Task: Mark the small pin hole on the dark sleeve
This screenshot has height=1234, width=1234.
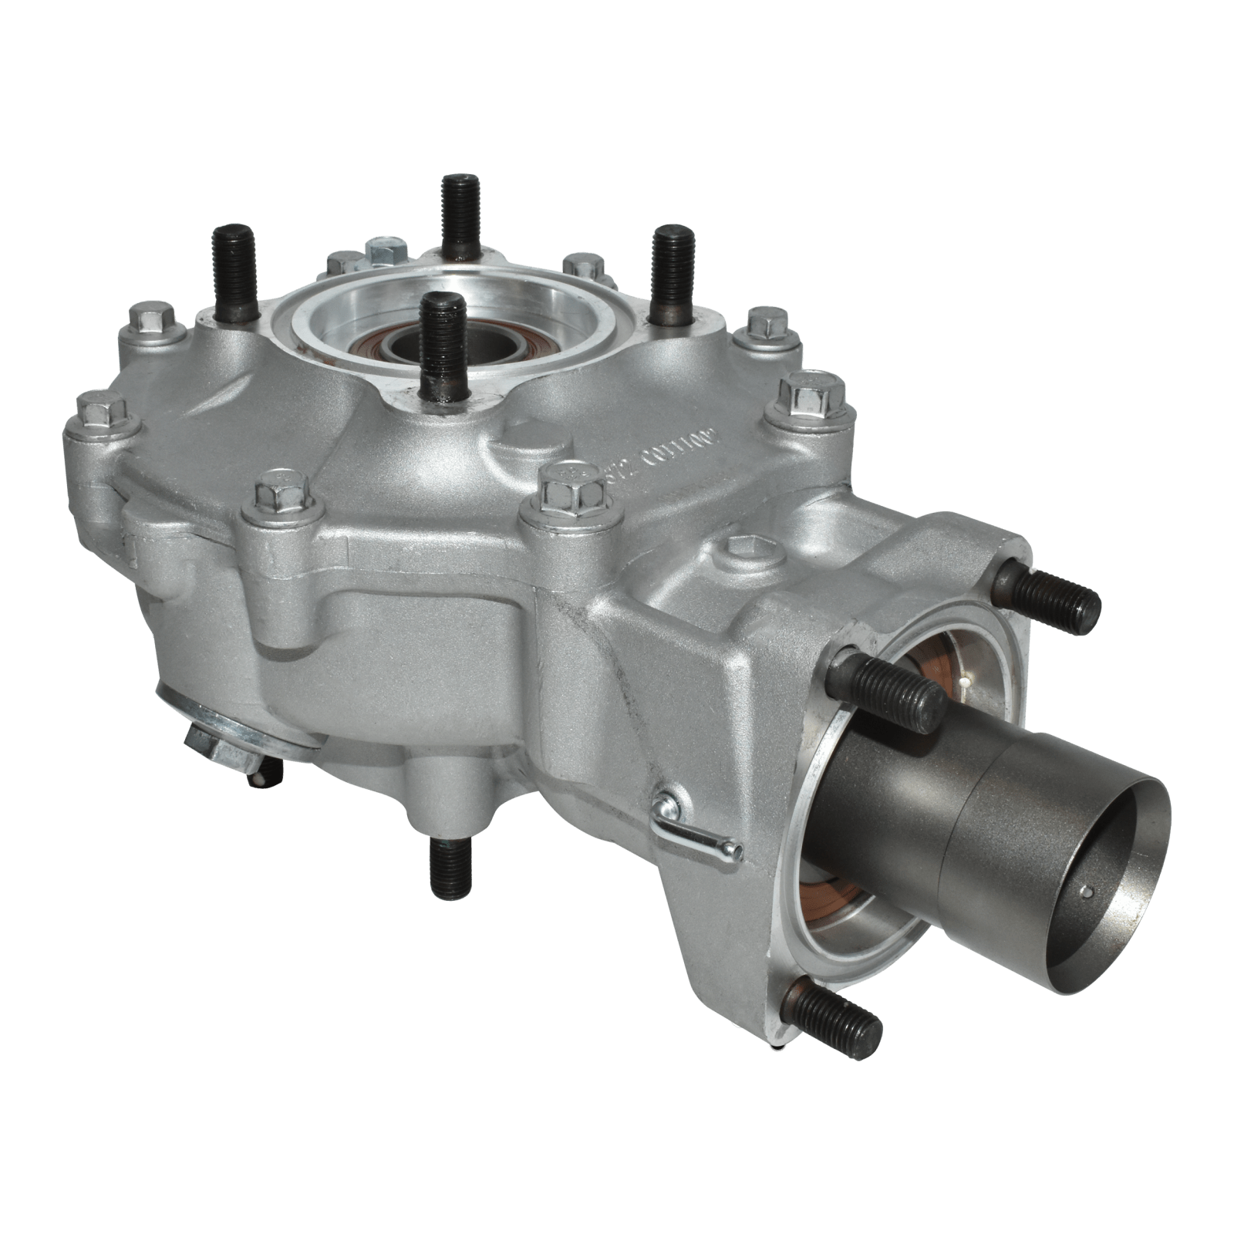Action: (x=1085, y=894)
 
